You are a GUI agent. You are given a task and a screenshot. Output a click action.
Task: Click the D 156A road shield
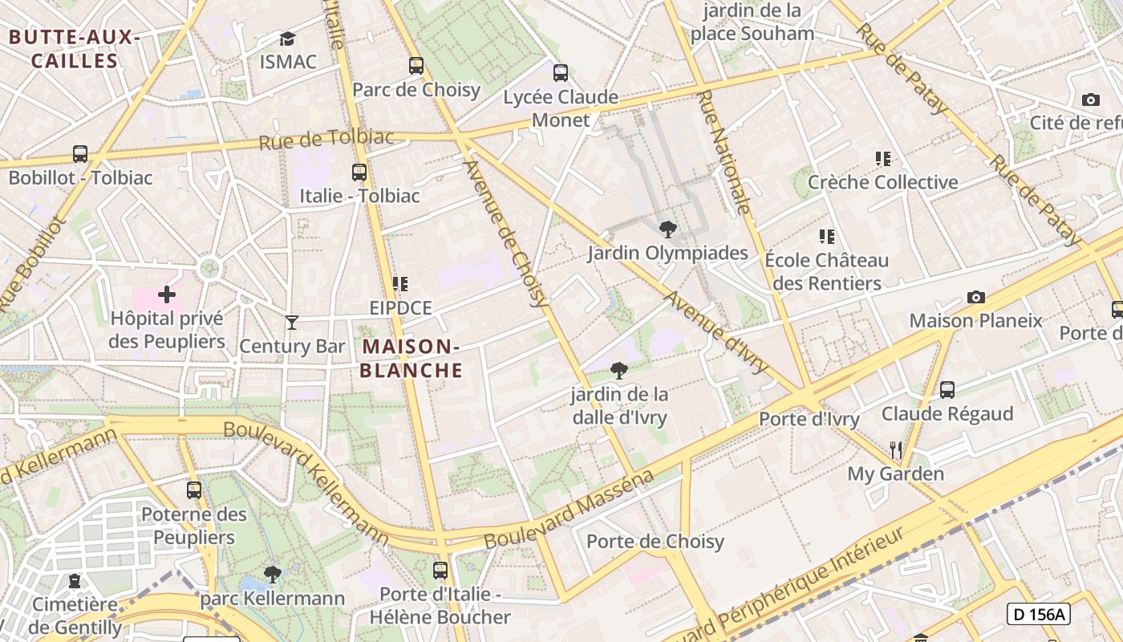(x=1039, y=615)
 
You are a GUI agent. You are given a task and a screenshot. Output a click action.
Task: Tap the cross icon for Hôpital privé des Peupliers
(x=167, y=295)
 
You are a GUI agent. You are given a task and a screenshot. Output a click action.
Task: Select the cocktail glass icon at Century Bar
(x=292, y=323)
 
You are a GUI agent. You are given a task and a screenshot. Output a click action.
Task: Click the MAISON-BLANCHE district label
(x=411, y=358)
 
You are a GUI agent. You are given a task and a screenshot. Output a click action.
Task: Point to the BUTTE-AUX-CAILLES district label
(x=75, y=49)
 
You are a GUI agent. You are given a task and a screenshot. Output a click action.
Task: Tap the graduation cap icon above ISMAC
(x=287, y=39)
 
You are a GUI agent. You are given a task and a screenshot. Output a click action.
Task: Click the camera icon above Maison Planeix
(x=975, y=298)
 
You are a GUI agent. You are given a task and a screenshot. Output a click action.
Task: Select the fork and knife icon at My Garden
(x=896, y=449)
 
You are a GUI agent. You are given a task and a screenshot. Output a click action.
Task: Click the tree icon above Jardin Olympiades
(x=667, y=230)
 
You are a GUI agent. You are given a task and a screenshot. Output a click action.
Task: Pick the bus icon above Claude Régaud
(x=947, y=390)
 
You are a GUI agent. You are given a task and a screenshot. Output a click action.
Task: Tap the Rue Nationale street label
(x=724, y=152)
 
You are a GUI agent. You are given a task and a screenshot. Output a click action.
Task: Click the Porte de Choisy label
(x=655, y=542)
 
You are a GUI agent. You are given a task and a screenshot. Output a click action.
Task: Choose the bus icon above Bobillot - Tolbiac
(x=80, y=154)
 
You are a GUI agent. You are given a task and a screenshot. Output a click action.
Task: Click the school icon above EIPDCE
(x=400, y=284)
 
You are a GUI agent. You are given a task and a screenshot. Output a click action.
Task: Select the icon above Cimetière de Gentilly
(x=75, y=580)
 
